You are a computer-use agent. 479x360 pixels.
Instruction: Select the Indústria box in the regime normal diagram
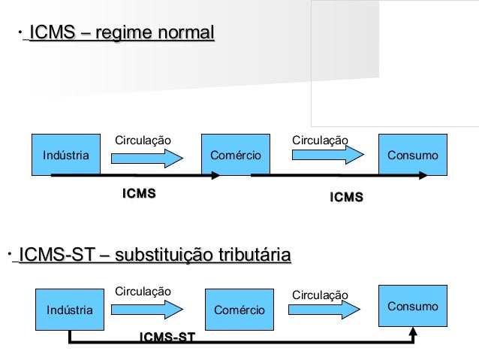coord(65,155)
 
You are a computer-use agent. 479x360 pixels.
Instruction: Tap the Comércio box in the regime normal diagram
coord(235,155)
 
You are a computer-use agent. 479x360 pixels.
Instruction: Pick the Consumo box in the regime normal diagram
coord(412,155)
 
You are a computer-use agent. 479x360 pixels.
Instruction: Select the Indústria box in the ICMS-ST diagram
coord(70,309)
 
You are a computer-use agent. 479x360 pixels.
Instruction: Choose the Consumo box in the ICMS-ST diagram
coord(412,306)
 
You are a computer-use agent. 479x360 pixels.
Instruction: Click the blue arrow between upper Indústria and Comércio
coord(147,157)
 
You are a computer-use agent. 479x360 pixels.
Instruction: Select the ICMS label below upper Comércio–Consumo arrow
coord(347,197)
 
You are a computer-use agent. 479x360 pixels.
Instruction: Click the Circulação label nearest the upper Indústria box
coord(143,140)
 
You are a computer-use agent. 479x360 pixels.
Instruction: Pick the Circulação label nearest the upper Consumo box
coord(320,140)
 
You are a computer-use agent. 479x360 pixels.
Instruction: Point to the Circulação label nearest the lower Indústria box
coord(143,291)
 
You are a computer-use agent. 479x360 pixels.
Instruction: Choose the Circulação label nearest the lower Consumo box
coord(320,295)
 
